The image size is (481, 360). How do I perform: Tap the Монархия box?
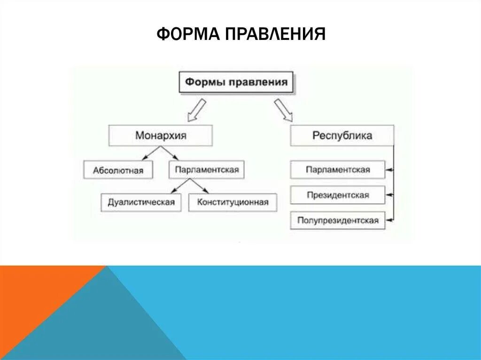pos(161,136)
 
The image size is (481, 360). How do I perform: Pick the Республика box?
pos(342,136)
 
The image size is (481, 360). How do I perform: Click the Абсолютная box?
pos(118,170)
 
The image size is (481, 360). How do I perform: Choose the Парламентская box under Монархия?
pos(207,169)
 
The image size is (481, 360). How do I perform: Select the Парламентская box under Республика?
pos(338,169)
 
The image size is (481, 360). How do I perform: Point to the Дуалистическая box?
pos(141,202)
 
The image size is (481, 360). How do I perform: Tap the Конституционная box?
pos(233,202)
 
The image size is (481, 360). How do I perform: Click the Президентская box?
pos(338,195)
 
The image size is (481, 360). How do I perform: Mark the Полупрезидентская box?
pos(338,220)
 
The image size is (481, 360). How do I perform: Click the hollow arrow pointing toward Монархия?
pos(196,110)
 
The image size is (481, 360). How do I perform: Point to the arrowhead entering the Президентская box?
pos(389,195)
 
